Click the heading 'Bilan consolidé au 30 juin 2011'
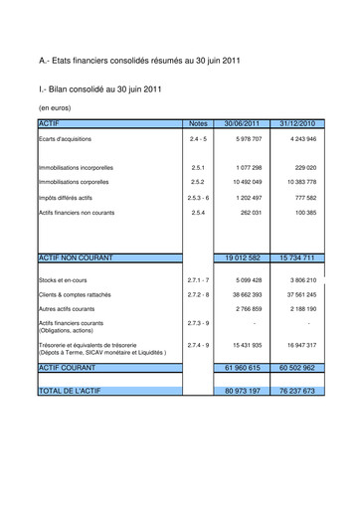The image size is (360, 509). pyautogui.click(x=98, y=88)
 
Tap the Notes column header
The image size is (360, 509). pyautogui.click(x=197, y=122)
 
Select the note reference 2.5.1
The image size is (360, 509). pyautogui.click(x=197, y=168)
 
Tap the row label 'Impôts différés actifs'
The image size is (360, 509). pyautogui.click(x=71, y=198)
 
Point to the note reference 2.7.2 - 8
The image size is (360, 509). pyautogui.click(x=197, y=295)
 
